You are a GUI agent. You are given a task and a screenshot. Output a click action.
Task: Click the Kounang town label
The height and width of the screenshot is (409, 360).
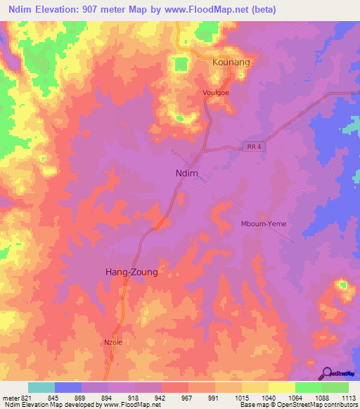231,62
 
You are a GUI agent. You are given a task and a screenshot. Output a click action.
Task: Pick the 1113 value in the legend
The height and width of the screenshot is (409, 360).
348,396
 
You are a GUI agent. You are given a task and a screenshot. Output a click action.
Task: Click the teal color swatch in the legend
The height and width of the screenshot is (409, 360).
41,387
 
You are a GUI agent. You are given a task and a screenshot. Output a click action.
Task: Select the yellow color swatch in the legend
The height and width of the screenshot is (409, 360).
281,387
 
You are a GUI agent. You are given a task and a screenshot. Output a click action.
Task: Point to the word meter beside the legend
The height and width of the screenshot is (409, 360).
10,396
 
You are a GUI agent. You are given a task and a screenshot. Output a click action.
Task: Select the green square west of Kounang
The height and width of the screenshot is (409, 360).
181,65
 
